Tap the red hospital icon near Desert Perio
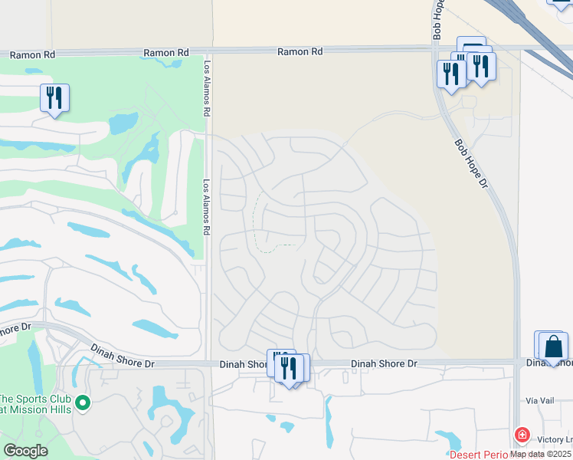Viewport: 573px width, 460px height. click(522, 435)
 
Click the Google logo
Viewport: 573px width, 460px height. click(26, 451)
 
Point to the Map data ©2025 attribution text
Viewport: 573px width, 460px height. click(541, 454)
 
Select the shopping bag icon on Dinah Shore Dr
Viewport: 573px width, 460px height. click(553, 347)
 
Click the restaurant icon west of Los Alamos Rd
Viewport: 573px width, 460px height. click(54, 97)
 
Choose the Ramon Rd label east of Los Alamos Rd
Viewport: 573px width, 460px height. click(300, 51)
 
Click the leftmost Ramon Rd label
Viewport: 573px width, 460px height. click(32, 54)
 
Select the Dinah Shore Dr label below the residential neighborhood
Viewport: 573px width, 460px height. click(384, 363)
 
